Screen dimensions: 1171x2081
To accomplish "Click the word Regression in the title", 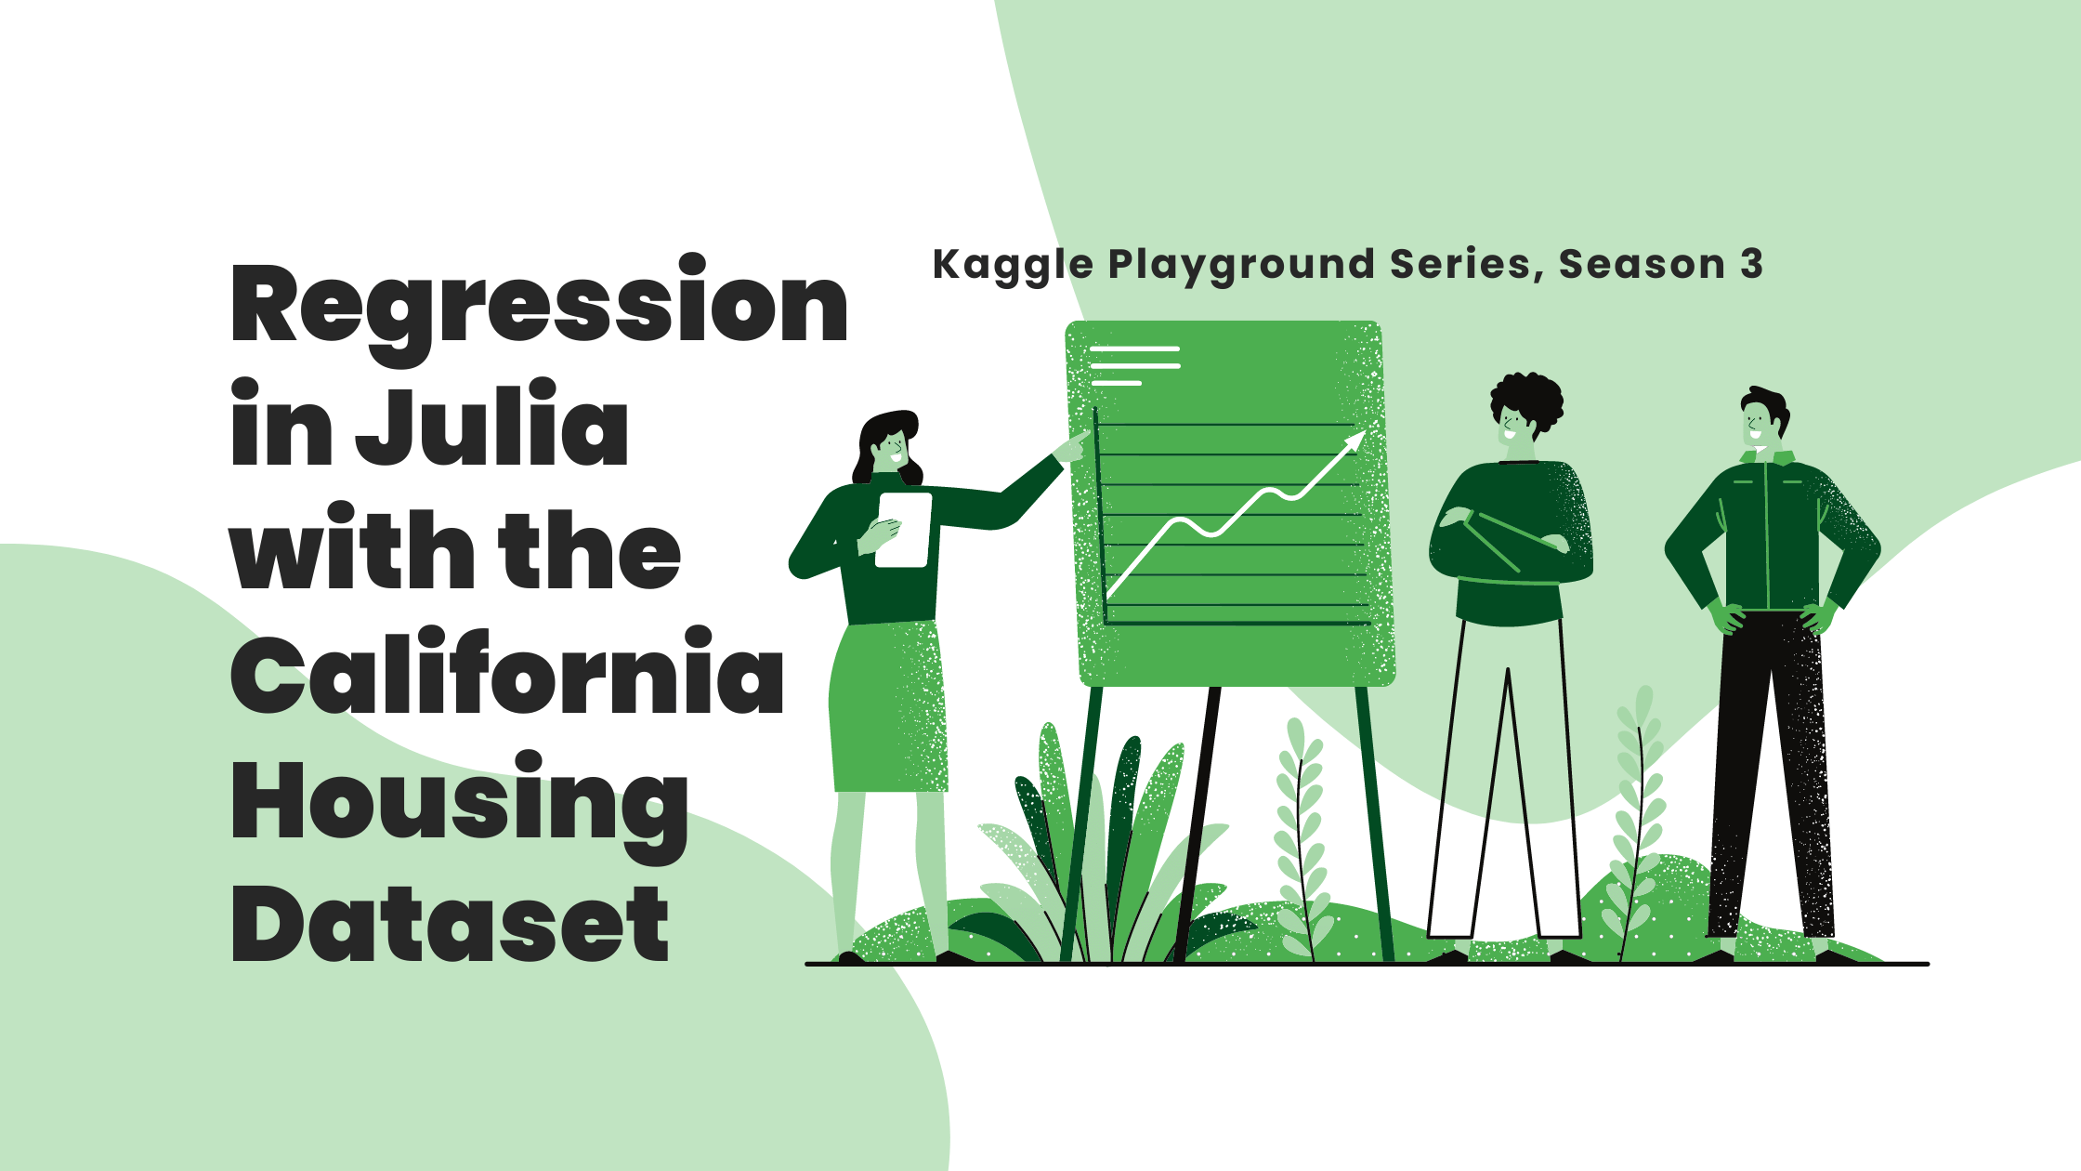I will [x=539, y=307].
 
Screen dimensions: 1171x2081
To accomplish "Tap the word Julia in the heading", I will [x=492, y=428].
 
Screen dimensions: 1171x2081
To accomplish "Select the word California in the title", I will [x=507, y=674].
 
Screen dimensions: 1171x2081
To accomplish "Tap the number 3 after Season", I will [x=1751, y=265].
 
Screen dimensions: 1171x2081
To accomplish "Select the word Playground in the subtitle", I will [x=1241, y=265].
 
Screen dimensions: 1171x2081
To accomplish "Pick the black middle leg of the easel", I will [x=1198, y=818].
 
